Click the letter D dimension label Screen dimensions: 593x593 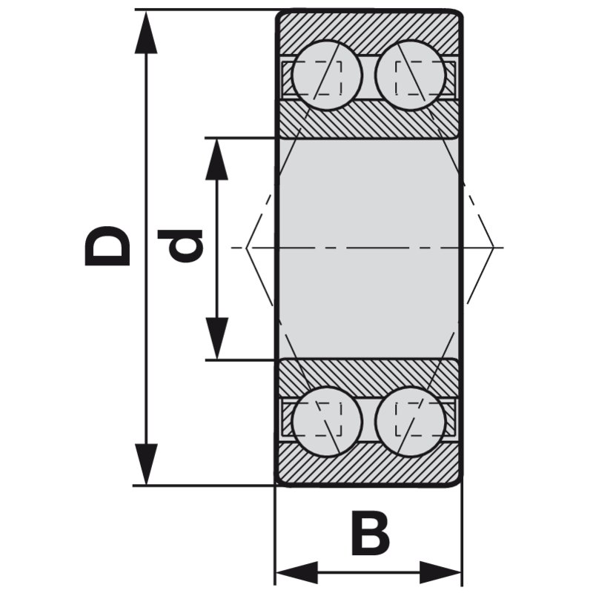click(x=108, y=246)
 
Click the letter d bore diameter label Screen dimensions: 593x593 click(x=180, y=246)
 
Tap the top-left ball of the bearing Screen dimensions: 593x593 click(x=327, y=74)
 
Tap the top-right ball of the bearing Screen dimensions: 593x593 click(x=410, y=74)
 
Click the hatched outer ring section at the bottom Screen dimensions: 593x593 click(x=369, y=467)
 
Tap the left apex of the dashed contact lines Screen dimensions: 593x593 click(x=247, y=247)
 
